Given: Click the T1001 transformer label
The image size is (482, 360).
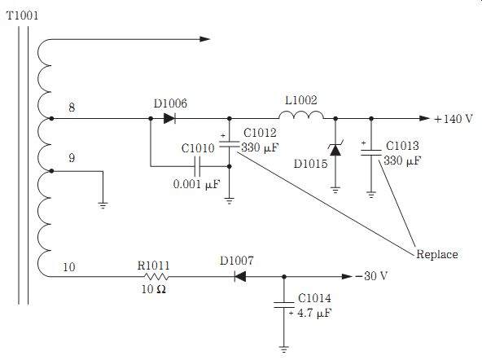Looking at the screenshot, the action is (22, 15).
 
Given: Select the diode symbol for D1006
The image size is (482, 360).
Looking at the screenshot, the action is (169, 118).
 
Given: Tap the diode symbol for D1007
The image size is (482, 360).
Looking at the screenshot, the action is (240, 277).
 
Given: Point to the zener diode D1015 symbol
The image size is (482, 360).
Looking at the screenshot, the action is (335, 149).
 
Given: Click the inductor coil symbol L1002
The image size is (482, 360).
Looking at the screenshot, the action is (301, 115).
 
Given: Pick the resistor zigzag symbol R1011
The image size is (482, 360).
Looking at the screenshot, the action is (156, 277).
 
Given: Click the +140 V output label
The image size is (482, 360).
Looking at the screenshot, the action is (454, 119).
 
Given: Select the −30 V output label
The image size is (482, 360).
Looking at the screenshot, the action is (371, 276).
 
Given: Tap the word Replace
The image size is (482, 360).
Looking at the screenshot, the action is (436, 254).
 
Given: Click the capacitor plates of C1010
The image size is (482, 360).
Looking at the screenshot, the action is (197, 166).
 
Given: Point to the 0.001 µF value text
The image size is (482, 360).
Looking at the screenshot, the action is (196, 184).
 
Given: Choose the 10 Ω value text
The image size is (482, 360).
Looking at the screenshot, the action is (153, 289).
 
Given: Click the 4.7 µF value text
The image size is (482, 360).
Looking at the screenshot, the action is (314, 313).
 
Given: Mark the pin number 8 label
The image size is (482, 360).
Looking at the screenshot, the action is (72, 108).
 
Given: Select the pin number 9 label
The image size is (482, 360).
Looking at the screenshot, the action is (72, 158).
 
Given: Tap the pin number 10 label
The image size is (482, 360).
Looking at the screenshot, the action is (69, 267).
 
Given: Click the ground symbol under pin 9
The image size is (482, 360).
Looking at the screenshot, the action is (103, 205).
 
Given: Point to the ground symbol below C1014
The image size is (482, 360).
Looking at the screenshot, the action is (283, 349).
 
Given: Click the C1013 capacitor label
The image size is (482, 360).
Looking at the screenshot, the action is (402, 146).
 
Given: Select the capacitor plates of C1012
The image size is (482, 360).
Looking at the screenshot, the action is (229, 144).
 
